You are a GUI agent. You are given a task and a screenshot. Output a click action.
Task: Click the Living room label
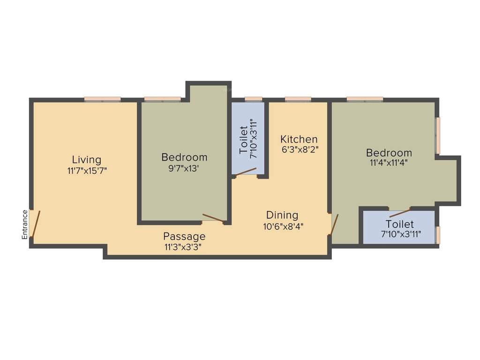click(86, 159)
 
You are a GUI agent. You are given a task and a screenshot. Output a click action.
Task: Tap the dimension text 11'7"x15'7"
click(87, 171)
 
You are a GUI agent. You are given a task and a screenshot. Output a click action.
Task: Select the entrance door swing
click(36, 224)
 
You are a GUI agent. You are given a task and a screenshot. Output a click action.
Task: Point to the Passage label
click(184, 236)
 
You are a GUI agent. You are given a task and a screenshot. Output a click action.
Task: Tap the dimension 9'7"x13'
click(184, 168)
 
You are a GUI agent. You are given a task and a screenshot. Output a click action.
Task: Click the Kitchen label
click(299, 139)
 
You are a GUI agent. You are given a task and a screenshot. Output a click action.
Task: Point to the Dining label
click(282, 215)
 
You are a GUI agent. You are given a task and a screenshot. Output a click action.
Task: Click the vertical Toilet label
click(244, 140)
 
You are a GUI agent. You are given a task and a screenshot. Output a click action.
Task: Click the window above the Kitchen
click(298, 99)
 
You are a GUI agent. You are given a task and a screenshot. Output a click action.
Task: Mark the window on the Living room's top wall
click(102, 99)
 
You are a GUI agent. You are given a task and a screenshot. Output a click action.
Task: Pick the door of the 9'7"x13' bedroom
click(213, 218)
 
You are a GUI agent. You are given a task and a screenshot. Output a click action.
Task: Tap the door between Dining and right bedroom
click(334, 225)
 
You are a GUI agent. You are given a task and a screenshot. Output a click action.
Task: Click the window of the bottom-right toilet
click(438, 234)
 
